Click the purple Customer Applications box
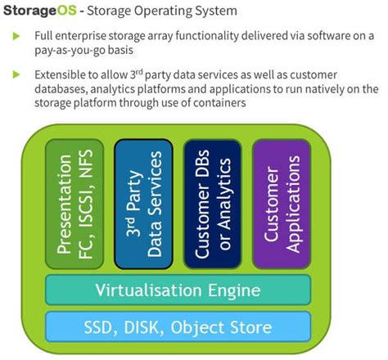point(281,203)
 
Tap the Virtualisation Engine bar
point(177,290)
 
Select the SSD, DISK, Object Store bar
point(177,327)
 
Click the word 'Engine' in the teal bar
point(233,290)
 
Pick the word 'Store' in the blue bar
point(249,327)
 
